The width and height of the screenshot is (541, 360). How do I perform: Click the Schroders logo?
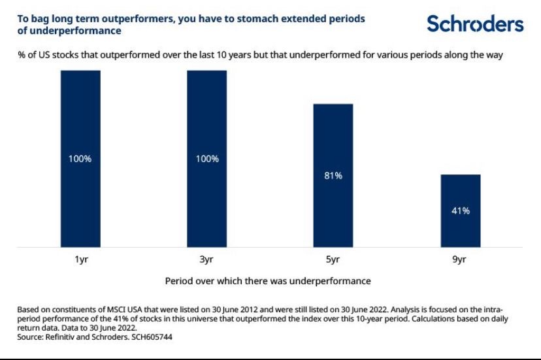coord(475,24)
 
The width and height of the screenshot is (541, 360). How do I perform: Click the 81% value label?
coord(333,176)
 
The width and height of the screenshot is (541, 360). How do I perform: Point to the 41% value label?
coord(460,211)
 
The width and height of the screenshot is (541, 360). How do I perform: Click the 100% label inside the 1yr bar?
coord(80,159)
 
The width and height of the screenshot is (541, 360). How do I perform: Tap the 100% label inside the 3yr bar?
coord(206,159)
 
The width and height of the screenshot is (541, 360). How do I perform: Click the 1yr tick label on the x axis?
coord(80,259)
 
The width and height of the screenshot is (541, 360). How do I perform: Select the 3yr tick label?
coord(206,259)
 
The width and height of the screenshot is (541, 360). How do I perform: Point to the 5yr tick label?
coord(333,259)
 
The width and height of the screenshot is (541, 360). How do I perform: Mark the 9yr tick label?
coord(460,259)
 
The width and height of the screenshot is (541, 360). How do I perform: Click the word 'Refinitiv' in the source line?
coord(64,337)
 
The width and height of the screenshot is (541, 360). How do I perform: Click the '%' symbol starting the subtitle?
coord(21,56)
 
